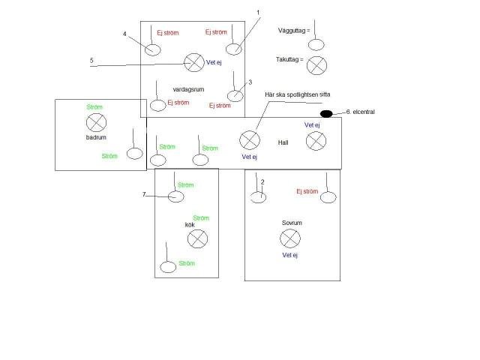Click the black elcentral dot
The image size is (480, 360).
coord(326,114)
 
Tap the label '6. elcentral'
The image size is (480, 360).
coord(360,112)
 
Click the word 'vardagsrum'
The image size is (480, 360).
coord(188,89)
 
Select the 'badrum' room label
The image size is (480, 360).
coord(96,137)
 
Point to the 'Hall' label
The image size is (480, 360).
coord(283,142)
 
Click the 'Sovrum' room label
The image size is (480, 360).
coord(292,223)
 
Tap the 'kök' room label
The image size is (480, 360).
coord(190,225)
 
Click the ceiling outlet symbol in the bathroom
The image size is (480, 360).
coord(97,123)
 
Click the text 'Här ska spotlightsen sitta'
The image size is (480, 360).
coord(298,94)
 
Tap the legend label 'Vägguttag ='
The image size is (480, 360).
coord(294,31)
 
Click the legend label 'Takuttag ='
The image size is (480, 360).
coord(289,59)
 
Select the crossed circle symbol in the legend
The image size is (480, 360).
coord(316,65)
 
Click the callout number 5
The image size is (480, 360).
coord(91,60)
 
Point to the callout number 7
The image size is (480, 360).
coord(144,194)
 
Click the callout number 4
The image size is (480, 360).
coord(124,34)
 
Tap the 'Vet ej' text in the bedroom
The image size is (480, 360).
coord(290,255)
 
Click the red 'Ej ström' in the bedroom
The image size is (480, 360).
coord(307,191)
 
